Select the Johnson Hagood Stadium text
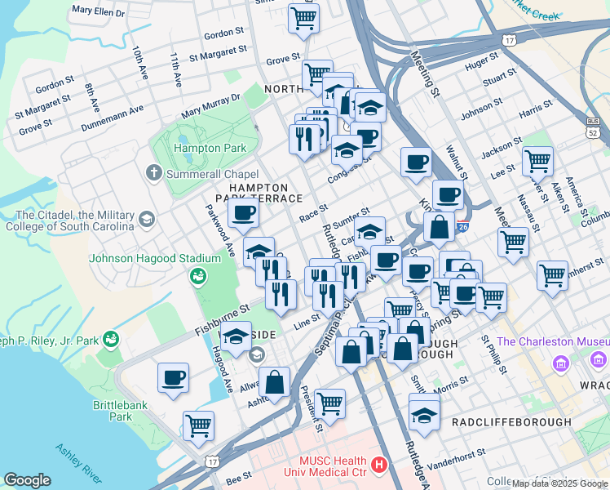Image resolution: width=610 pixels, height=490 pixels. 155,258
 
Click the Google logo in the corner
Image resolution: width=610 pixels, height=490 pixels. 27,480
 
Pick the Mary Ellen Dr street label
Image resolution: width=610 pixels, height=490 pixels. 98,11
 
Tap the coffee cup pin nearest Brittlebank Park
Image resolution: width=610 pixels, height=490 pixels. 173,377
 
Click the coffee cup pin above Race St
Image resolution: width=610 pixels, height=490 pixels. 242,215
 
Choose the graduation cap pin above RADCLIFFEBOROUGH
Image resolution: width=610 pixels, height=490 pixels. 423,416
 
